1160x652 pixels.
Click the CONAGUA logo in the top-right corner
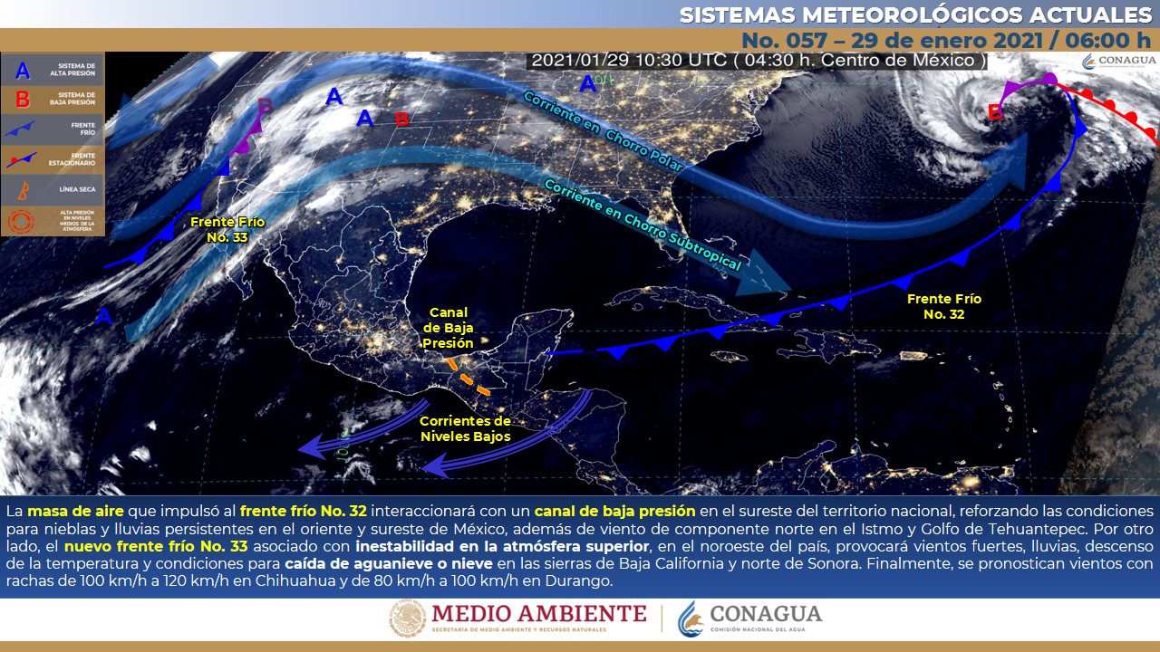(1117, 61)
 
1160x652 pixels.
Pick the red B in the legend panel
(23, 100)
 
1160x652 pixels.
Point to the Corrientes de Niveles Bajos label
(465, 428)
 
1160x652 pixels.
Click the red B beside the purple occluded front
(995, 113)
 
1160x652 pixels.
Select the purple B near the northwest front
(265, 107)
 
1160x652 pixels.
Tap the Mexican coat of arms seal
(407, 619)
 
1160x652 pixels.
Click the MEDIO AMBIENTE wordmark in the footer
(539, 615)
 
